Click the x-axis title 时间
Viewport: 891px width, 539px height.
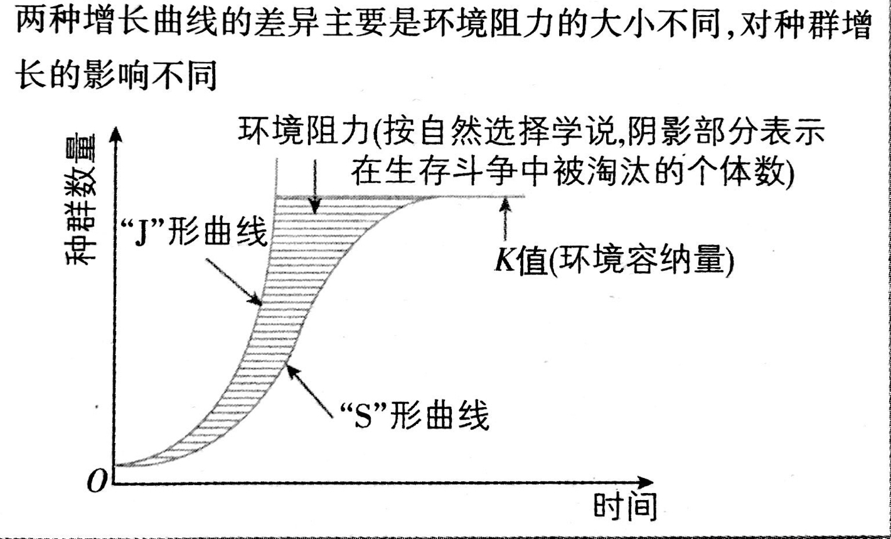point(626,508)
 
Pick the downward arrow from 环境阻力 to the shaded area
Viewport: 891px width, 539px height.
point(316,182)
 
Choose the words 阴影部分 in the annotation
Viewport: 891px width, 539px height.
point(653,131)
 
